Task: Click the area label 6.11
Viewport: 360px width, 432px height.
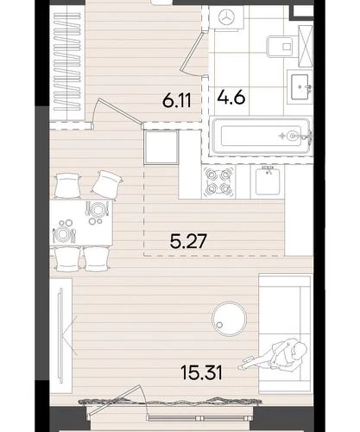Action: [176, 101]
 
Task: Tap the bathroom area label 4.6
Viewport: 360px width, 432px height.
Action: [231, 97]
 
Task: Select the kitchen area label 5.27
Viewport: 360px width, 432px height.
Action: [188, 241]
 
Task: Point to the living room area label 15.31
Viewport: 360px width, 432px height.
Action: [201, 372]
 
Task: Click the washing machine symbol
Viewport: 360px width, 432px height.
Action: [227, 18]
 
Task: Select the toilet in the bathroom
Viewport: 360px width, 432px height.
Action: [281, 47]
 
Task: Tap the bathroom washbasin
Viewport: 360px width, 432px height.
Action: [300, 86]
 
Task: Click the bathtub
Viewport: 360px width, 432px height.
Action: [261, 136]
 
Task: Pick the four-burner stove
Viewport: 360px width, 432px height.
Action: [218, 181]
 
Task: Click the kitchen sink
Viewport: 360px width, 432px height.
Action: [268, 181]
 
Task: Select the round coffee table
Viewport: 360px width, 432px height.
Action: [229, 319]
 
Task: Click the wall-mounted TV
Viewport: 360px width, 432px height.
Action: [60, 335]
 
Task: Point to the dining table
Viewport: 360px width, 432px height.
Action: [81, 222]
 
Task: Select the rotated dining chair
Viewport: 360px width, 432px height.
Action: [107, 186]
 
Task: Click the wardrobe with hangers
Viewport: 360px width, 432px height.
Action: [67, 62]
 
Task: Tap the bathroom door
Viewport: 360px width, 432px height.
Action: [193, 54]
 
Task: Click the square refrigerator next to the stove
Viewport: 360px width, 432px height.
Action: [161, 147]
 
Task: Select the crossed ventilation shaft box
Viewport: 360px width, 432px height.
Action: [306, 47]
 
